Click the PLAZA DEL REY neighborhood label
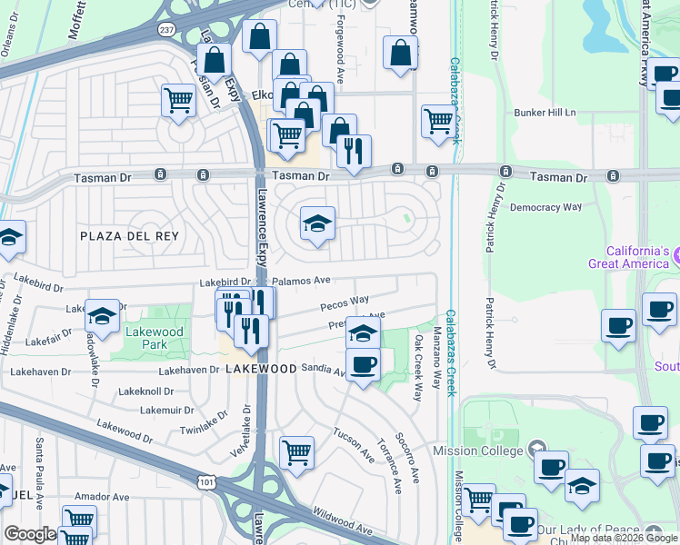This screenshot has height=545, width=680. tap(129, 236)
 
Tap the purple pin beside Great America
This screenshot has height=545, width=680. tap(677, 263)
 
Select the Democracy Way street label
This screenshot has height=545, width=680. tap(545, 207)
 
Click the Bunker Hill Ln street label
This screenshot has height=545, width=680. tap(545, 113)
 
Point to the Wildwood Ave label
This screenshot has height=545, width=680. tap(344, 529)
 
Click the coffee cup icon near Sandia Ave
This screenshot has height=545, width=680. tap(363, 365)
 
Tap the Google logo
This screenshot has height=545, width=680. tap(30, 535)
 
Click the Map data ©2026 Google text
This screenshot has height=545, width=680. tap(623, 538)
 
